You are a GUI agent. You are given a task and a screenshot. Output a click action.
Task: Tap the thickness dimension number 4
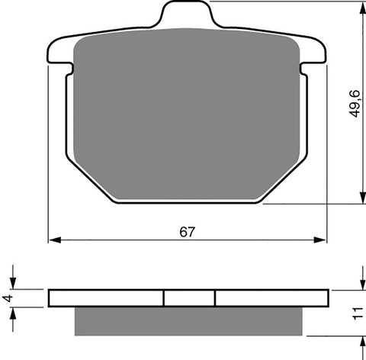pos(7,297)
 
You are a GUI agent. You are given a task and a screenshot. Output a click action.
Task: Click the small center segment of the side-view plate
pos(189,297)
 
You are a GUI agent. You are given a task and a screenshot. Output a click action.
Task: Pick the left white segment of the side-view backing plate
pos(106,297)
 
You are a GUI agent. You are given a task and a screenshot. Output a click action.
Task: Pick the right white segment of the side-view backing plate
pos(271,297)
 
